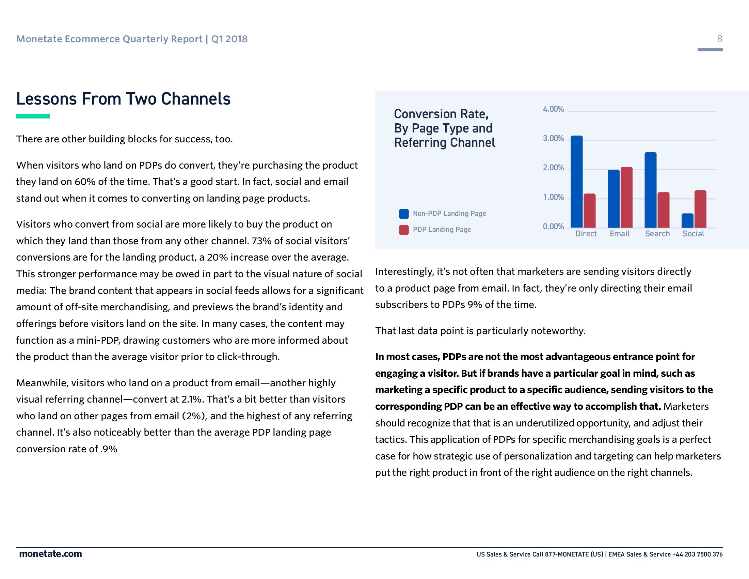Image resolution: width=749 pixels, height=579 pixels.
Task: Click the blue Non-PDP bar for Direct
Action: pyautogui.click(x=576, y=182)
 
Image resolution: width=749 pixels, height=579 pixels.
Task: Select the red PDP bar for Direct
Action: pyautogui.click(x=590, y=210)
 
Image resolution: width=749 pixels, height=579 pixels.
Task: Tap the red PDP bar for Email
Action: pyautogui.click(x=626, y=198)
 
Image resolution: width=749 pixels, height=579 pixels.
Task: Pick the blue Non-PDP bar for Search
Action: pyautogui.click(x=651, y=190)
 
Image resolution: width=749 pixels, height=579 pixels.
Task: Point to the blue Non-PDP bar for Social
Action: pyautogui.click(x=687, y=221)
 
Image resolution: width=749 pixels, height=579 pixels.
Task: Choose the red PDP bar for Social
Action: pyautogui.click(x=700, y=209)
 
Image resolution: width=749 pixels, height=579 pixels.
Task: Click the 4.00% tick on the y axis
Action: pyautogui.click(x=553, y=109)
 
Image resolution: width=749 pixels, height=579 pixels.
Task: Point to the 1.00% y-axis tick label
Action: pyautogui.click(x=553, y=197)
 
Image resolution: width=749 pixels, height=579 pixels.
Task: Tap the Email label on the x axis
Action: pyautogui.click(x=619, y=234)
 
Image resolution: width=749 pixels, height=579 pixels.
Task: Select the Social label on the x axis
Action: pyautogui.click(x=693, y=234)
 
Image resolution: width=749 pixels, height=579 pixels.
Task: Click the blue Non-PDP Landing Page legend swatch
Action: pyautogui.click(x=404, y=214)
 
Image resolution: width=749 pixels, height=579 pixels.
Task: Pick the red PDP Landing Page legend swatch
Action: pyautogui.click(x=404, y=230)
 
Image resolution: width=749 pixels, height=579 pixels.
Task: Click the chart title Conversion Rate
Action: pyautogui.click(x=441, y=114)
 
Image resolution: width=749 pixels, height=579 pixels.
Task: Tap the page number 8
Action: pyautogui.click(x=719, y=39)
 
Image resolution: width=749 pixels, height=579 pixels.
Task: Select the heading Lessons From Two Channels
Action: pyautogui.click(x=124, y=99)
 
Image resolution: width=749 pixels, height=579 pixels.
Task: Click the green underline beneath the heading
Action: pyautogui.click(x=33, y=116)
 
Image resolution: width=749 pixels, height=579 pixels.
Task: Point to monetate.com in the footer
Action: pyautogui.click(x=50, y=554)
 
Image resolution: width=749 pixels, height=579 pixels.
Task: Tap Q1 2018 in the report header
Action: pyautogui.click(x=229, y=39)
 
